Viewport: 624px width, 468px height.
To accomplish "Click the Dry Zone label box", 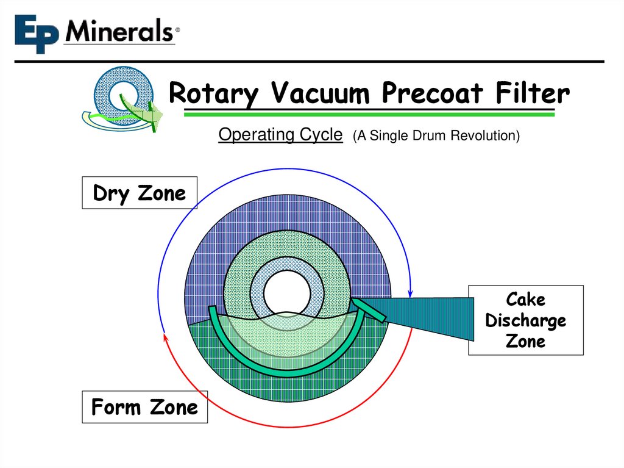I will [x=139, y=193].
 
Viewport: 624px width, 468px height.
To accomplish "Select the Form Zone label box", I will [x=144, y=407].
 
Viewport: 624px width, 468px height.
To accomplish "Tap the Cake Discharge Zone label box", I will [x=525, y=320].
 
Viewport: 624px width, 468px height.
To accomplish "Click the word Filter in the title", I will [x=533, y=94].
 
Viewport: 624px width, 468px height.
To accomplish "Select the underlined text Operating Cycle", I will [x=280, y=135].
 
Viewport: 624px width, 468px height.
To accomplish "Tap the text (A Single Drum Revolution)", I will [x=436, y=135].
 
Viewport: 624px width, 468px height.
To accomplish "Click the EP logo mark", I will [x=38, y=34].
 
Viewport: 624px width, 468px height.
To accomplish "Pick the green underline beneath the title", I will [x=369, y=114].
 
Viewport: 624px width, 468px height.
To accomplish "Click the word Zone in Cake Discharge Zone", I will [x=525, y=341].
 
